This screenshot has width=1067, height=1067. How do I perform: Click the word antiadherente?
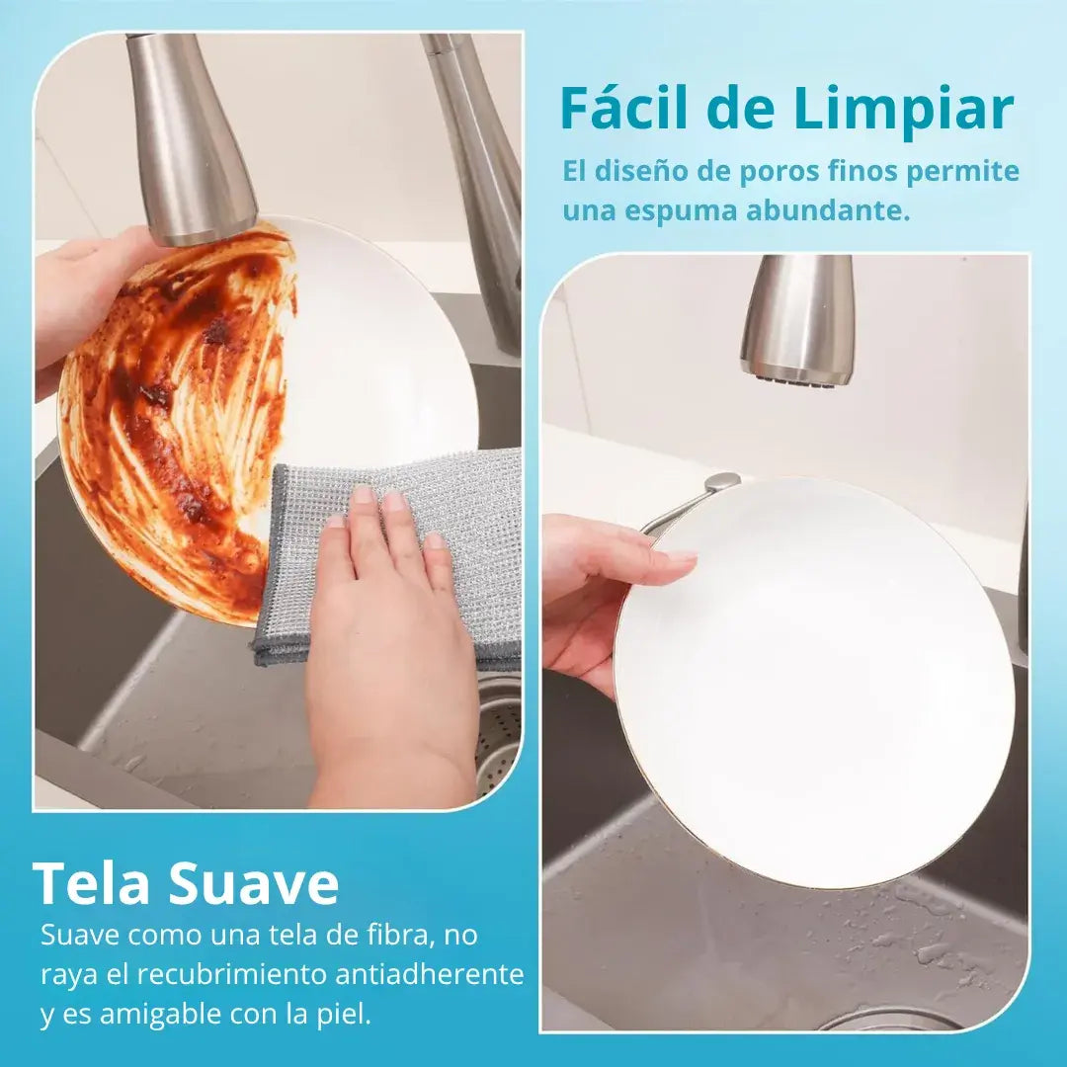[430, 974]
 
